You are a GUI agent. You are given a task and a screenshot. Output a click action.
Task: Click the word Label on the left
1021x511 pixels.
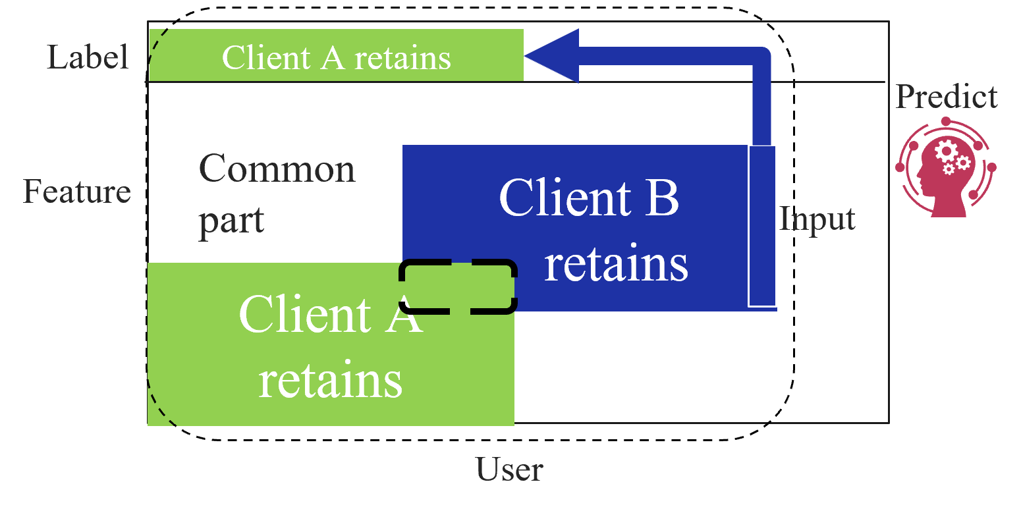click(x=87, y=58)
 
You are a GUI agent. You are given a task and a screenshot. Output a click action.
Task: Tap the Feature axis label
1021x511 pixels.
click(x=77, y=192)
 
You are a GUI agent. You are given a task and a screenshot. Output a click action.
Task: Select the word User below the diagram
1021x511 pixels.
click(x=509, y=470)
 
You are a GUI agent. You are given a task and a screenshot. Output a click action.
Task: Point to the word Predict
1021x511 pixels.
click(x=946, y=97)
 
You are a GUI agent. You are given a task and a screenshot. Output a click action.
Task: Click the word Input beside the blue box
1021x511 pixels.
click(x=817, y=219)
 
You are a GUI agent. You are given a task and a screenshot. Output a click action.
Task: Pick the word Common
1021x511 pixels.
click(x=277, y=169)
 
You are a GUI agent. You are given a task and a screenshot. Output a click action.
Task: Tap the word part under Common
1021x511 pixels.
click(x=231, y=221)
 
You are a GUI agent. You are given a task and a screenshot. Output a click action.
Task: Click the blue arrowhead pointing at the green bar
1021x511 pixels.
click(x=553, y=56)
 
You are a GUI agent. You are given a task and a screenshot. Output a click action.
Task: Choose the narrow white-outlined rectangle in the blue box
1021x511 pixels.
click(x=762, y=226)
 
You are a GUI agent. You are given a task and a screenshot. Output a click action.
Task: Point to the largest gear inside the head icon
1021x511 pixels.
click(x=946, y=151)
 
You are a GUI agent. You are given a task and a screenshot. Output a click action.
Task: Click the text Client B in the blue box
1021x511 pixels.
click(x=588, y=197)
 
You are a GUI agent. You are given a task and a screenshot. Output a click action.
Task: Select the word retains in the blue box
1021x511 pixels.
click(x=615, y=264)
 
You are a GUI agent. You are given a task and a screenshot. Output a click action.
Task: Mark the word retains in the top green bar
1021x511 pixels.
click(x=402, y=58)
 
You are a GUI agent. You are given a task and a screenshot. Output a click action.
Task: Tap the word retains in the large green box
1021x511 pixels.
click(x=330, y=380)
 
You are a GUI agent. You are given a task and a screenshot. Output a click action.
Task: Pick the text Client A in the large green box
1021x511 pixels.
click(x=330, y=314)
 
